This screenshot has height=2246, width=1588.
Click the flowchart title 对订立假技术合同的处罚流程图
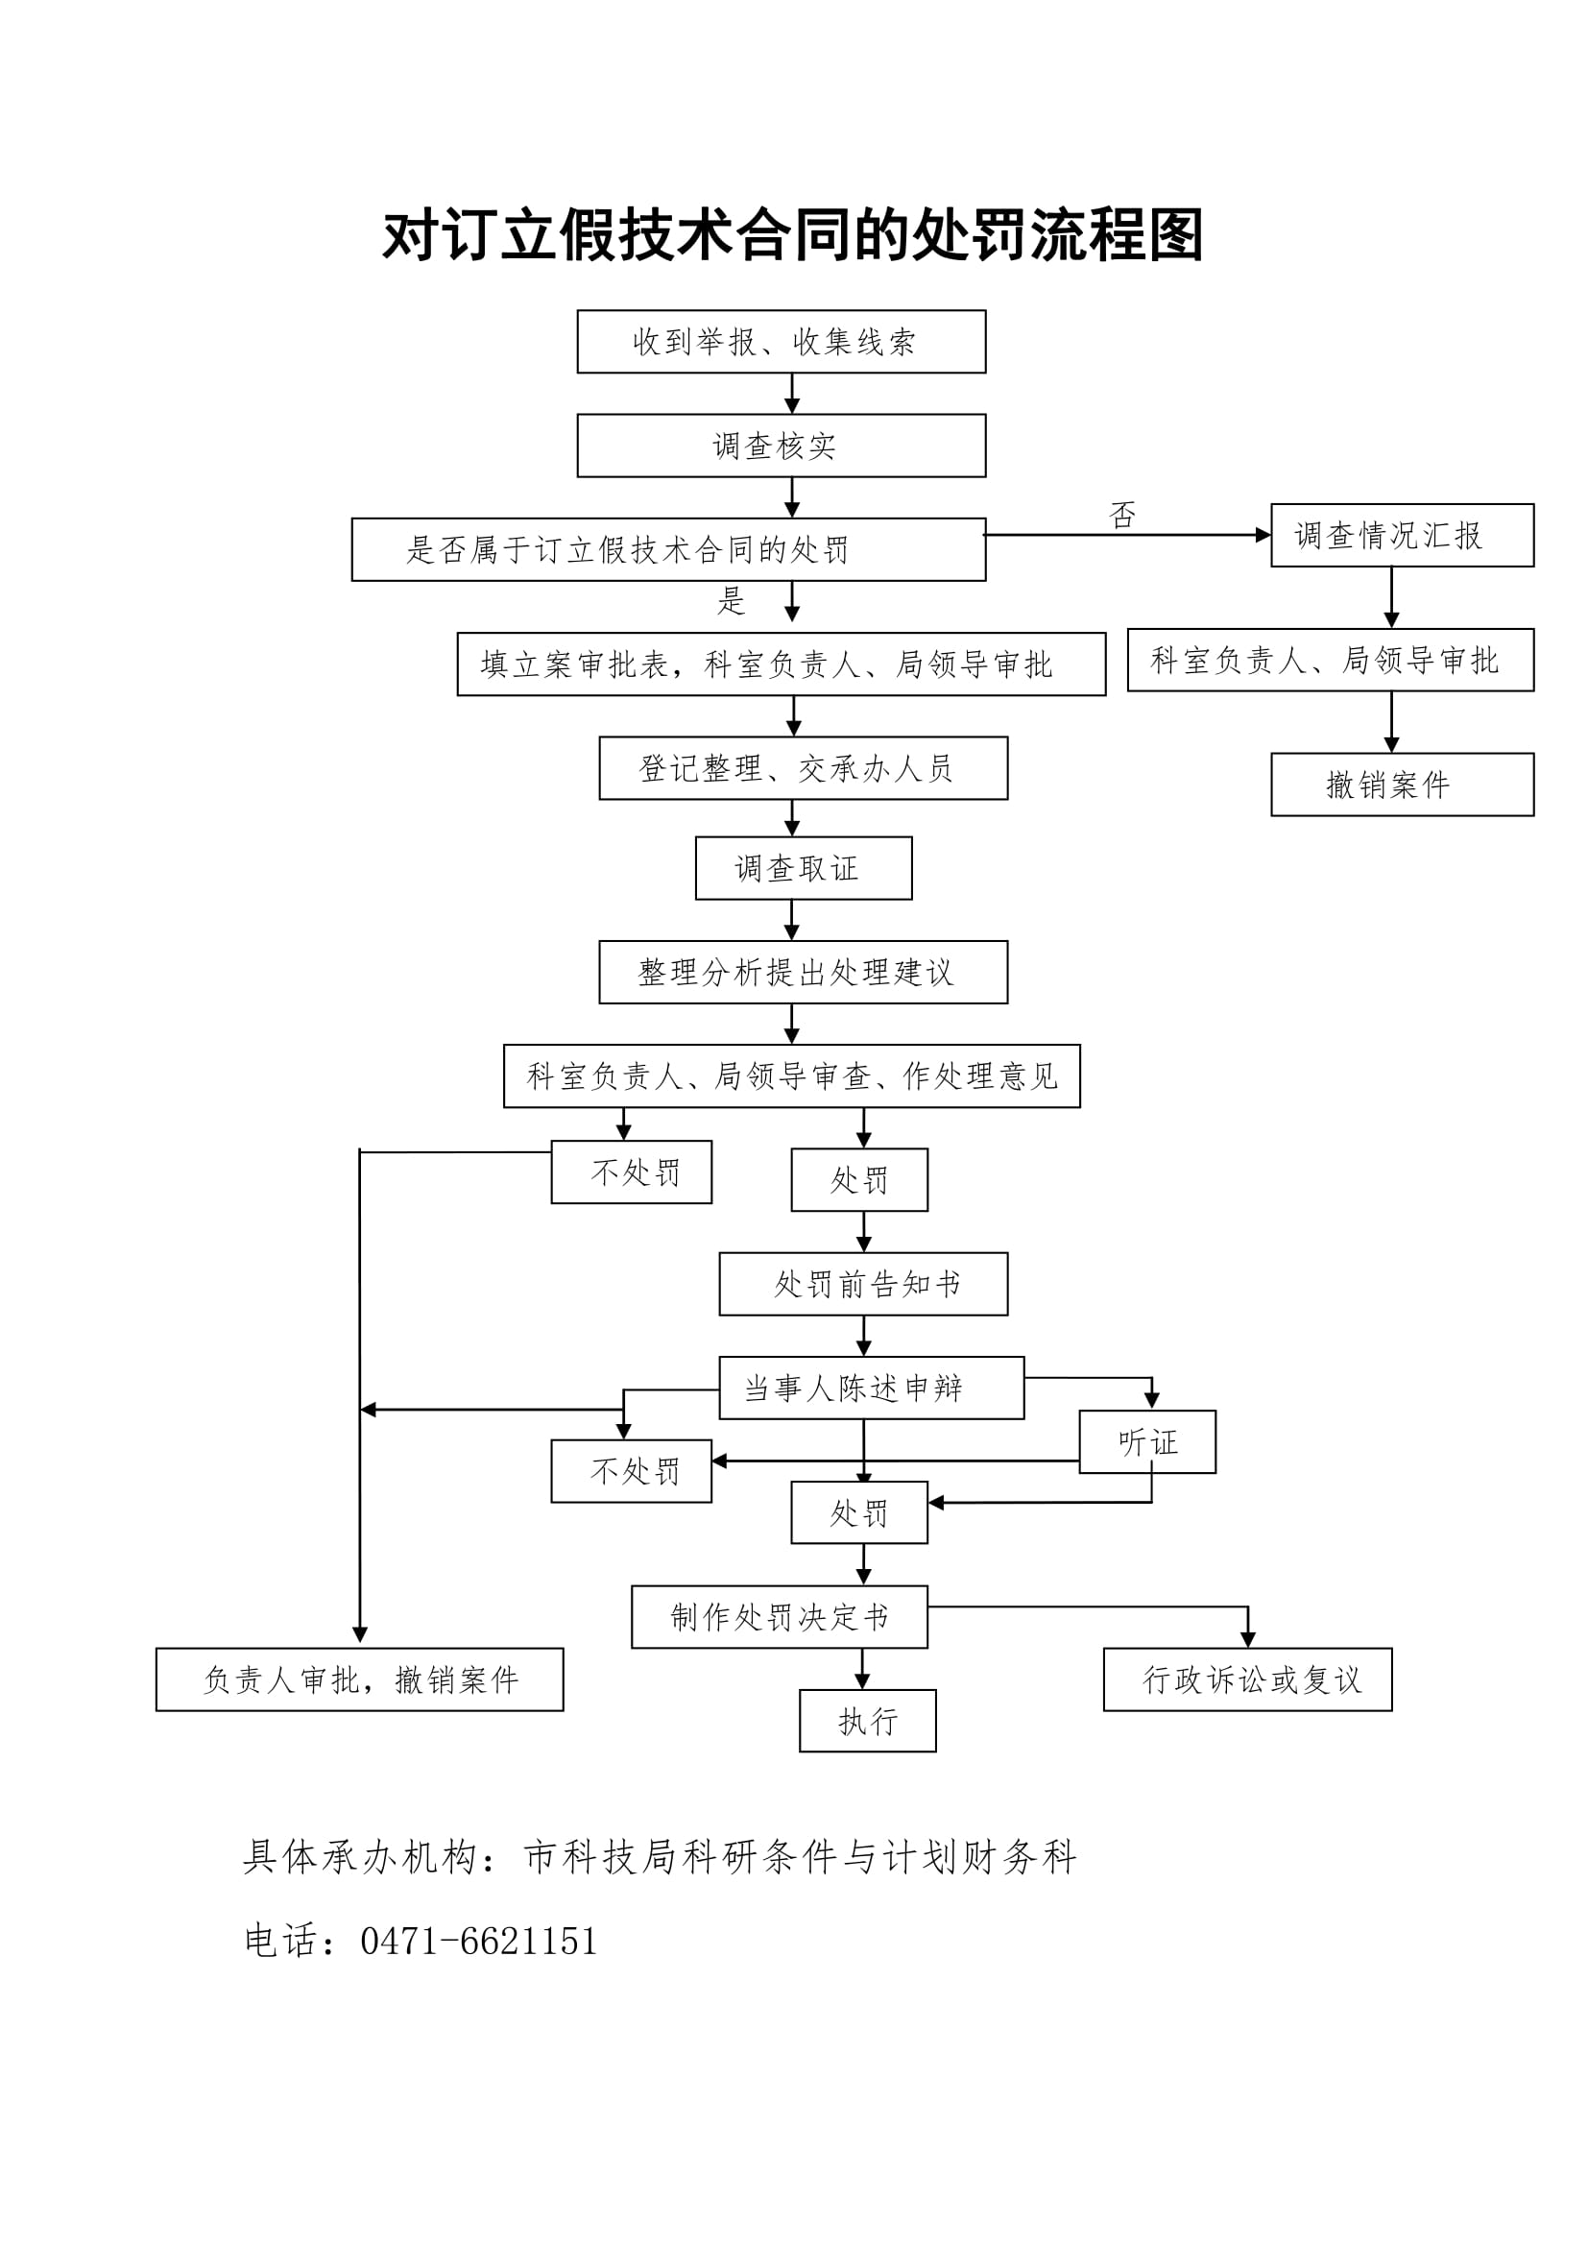792,236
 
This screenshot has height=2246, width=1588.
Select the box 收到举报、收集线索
782,342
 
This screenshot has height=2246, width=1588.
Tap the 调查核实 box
782,447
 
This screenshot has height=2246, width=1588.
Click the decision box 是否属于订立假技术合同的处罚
668,550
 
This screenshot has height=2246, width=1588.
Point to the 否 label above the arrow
1122,515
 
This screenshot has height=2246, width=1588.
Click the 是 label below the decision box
732,600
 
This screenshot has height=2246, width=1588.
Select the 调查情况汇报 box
1401,535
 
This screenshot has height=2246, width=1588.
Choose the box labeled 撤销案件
1401,785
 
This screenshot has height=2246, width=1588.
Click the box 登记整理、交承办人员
803,768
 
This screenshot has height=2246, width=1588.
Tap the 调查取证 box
803,868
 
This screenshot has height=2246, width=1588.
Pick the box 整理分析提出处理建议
803,973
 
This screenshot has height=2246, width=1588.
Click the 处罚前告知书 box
863,1284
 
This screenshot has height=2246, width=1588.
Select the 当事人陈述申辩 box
871,1388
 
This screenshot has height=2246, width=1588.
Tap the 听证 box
1147,1441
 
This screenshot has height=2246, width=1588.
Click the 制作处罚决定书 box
780,1617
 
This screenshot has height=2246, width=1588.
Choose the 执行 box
867,1721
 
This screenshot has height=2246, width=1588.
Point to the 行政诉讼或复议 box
1247,1679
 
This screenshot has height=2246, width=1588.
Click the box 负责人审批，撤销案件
360,1679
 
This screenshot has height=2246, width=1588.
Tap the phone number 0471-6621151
478,1941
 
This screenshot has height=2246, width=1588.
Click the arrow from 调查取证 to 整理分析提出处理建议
792,921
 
